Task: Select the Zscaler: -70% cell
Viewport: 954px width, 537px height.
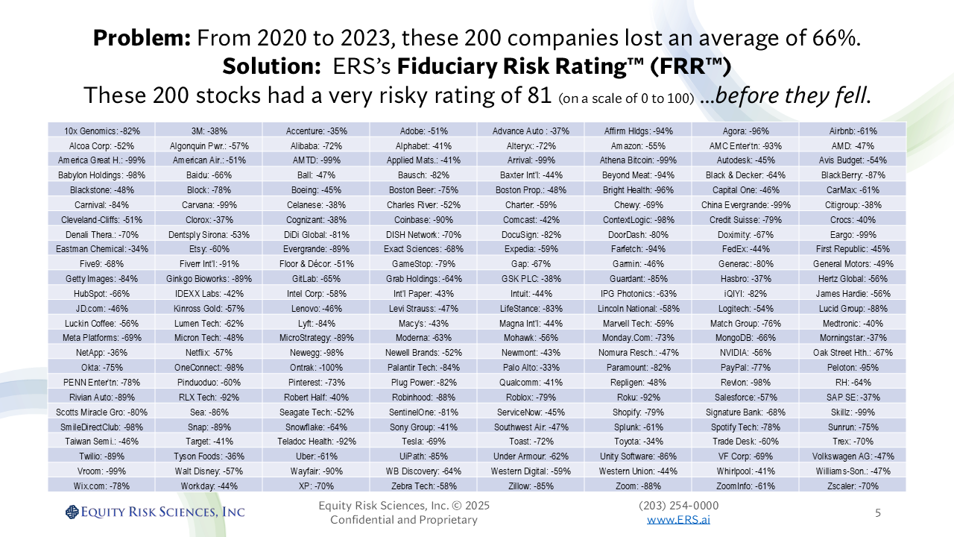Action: pos(853,486)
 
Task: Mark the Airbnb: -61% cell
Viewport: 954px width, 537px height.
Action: pos(853,131)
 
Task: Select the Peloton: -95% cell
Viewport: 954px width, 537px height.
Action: pos(853,367)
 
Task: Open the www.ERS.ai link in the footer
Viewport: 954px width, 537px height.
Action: pos(678,519)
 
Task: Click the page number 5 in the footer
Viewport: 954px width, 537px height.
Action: pos(877,512)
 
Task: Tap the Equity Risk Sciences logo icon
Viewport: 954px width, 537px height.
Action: pos(72,512)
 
